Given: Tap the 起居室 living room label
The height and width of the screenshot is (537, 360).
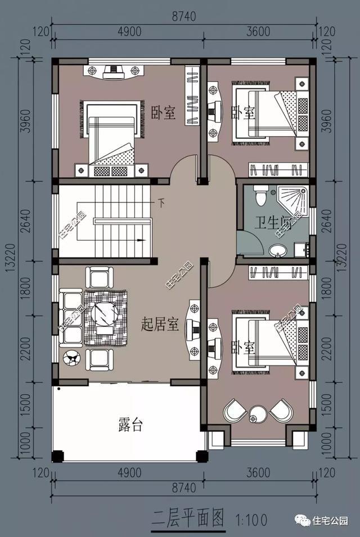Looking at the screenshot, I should tap(160, 324).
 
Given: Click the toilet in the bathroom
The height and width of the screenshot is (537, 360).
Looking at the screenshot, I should tap(260, 195).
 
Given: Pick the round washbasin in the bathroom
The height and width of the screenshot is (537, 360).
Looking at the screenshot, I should tap(277, 250).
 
